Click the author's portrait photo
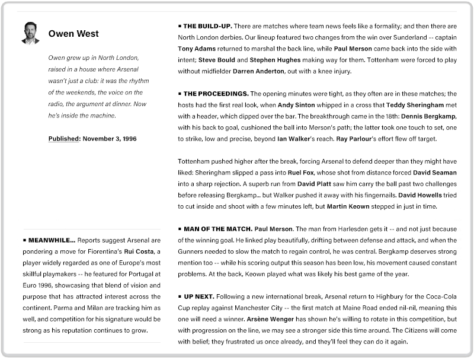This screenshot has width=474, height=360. [30, 33]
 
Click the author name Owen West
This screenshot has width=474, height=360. [73, 34]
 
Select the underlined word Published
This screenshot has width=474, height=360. [64, 139]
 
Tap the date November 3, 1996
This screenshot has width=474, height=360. [110, 139]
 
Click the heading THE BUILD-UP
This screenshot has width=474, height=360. [207, 26]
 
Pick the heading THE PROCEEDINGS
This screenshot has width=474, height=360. [216, 94]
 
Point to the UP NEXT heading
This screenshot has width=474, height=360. [200, 296]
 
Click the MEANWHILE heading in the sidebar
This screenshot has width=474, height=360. [52, 240]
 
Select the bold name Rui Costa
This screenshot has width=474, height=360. [137, 251]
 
